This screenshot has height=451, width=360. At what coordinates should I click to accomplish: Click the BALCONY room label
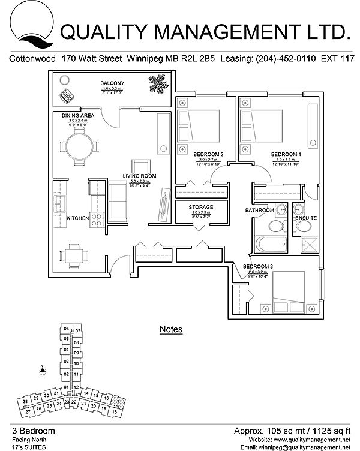[113, 83]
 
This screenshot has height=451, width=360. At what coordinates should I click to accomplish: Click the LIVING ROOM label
[140, 176]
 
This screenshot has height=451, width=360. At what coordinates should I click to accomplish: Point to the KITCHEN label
[78, 218]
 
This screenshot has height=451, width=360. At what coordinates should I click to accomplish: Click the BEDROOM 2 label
[209, 155]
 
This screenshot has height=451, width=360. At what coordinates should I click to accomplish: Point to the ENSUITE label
[306, 217]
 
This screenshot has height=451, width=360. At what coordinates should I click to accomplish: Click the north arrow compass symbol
[41, 370]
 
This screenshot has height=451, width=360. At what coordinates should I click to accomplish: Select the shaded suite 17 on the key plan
[118, 401]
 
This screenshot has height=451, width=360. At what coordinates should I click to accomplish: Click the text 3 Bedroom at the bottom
[34, 431]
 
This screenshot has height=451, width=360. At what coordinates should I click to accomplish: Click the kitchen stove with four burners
[96, 220]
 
